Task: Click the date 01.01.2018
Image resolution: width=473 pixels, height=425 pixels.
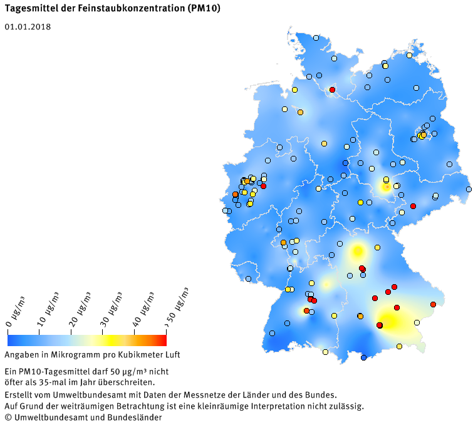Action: (28, 27)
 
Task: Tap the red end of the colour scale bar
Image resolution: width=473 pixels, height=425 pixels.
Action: (162, 340)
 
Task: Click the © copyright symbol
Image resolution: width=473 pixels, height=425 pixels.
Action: (8, 417)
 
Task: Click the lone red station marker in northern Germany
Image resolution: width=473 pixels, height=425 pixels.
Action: (333, 90)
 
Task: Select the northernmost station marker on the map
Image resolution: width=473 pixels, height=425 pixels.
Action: (316, 38)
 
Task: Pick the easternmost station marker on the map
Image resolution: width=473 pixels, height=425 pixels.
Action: (469, 189)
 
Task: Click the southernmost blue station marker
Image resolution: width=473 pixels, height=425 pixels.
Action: (363, 357)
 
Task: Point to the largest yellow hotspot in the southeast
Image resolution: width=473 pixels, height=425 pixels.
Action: (392, 321)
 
